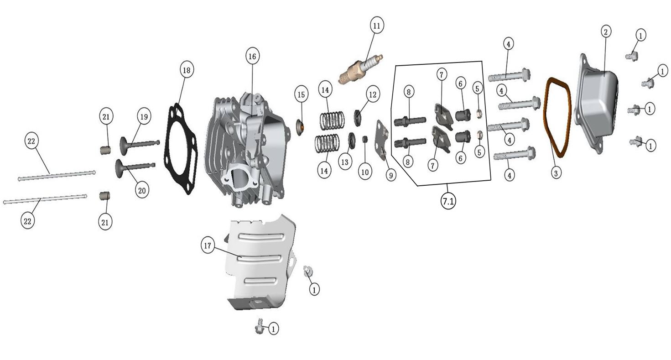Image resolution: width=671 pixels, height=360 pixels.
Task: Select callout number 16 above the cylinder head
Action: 253,56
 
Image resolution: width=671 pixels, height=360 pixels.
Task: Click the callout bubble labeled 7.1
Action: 448,201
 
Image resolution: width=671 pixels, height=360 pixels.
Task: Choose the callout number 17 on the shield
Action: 208,246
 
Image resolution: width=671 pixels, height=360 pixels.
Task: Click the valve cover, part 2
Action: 596,104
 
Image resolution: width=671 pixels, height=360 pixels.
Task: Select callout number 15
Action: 301,95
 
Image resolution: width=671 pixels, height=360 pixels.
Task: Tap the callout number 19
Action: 144,116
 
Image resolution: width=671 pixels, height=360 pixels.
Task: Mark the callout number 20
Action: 142,190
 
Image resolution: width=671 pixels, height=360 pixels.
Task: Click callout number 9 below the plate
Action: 390,175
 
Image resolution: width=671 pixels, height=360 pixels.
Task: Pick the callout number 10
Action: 365,172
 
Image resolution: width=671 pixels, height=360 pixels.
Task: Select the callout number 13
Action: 345,162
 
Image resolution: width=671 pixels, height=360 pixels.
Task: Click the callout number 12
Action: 373,95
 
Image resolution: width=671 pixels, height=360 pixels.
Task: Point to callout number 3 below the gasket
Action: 556,173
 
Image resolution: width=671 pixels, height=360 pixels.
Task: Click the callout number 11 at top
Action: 377,26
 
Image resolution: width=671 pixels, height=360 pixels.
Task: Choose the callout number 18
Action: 187,70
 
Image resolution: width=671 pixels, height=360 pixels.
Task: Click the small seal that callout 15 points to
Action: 300,128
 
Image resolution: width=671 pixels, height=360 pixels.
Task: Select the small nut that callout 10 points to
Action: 364,139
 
